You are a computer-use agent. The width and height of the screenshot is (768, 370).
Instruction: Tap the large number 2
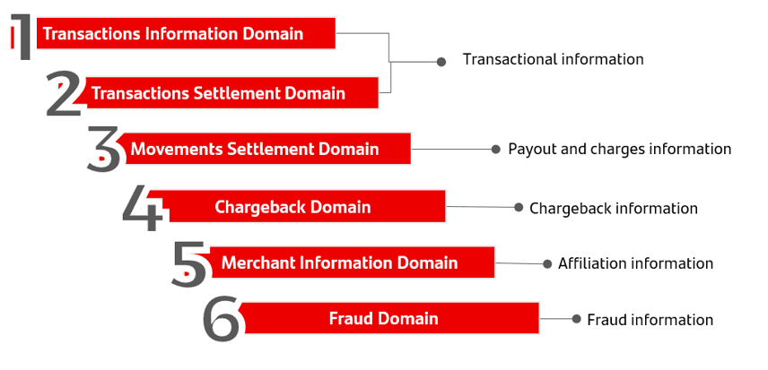pos(64,93)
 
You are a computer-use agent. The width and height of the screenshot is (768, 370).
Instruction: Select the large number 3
pos(104,149)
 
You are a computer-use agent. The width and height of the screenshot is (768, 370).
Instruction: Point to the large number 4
pos(143,208)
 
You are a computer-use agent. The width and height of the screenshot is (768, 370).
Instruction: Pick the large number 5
pos(189,263)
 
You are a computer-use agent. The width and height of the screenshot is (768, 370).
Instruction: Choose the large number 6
pos(222,320)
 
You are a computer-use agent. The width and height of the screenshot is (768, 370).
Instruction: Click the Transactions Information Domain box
pos(186,33)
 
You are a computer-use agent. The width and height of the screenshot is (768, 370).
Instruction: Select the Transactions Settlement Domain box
pos(231,92)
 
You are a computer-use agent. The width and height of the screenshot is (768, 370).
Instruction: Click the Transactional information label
pos(554,60)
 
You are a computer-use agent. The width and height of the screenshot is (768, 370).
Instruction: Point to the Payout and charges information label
pos(620,149)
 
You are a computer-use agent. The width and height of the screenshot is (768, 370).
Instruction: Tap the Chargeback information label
pos(614,209)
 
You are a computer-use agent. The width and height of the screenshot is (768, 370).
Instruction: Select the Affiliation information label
pos(636,264)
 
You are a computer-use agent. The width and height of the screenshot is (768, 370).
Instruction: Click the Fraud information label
pos(650,320)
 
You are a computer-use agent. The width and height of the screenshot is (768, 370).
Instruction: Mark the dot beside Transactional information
pos(441,62)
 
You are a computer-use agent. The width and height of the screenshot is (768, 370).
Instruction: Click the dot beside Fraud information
pos(577,319)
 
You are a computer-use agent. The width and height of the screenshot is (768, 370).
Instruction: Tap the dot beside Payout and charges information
pos(496,149)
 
